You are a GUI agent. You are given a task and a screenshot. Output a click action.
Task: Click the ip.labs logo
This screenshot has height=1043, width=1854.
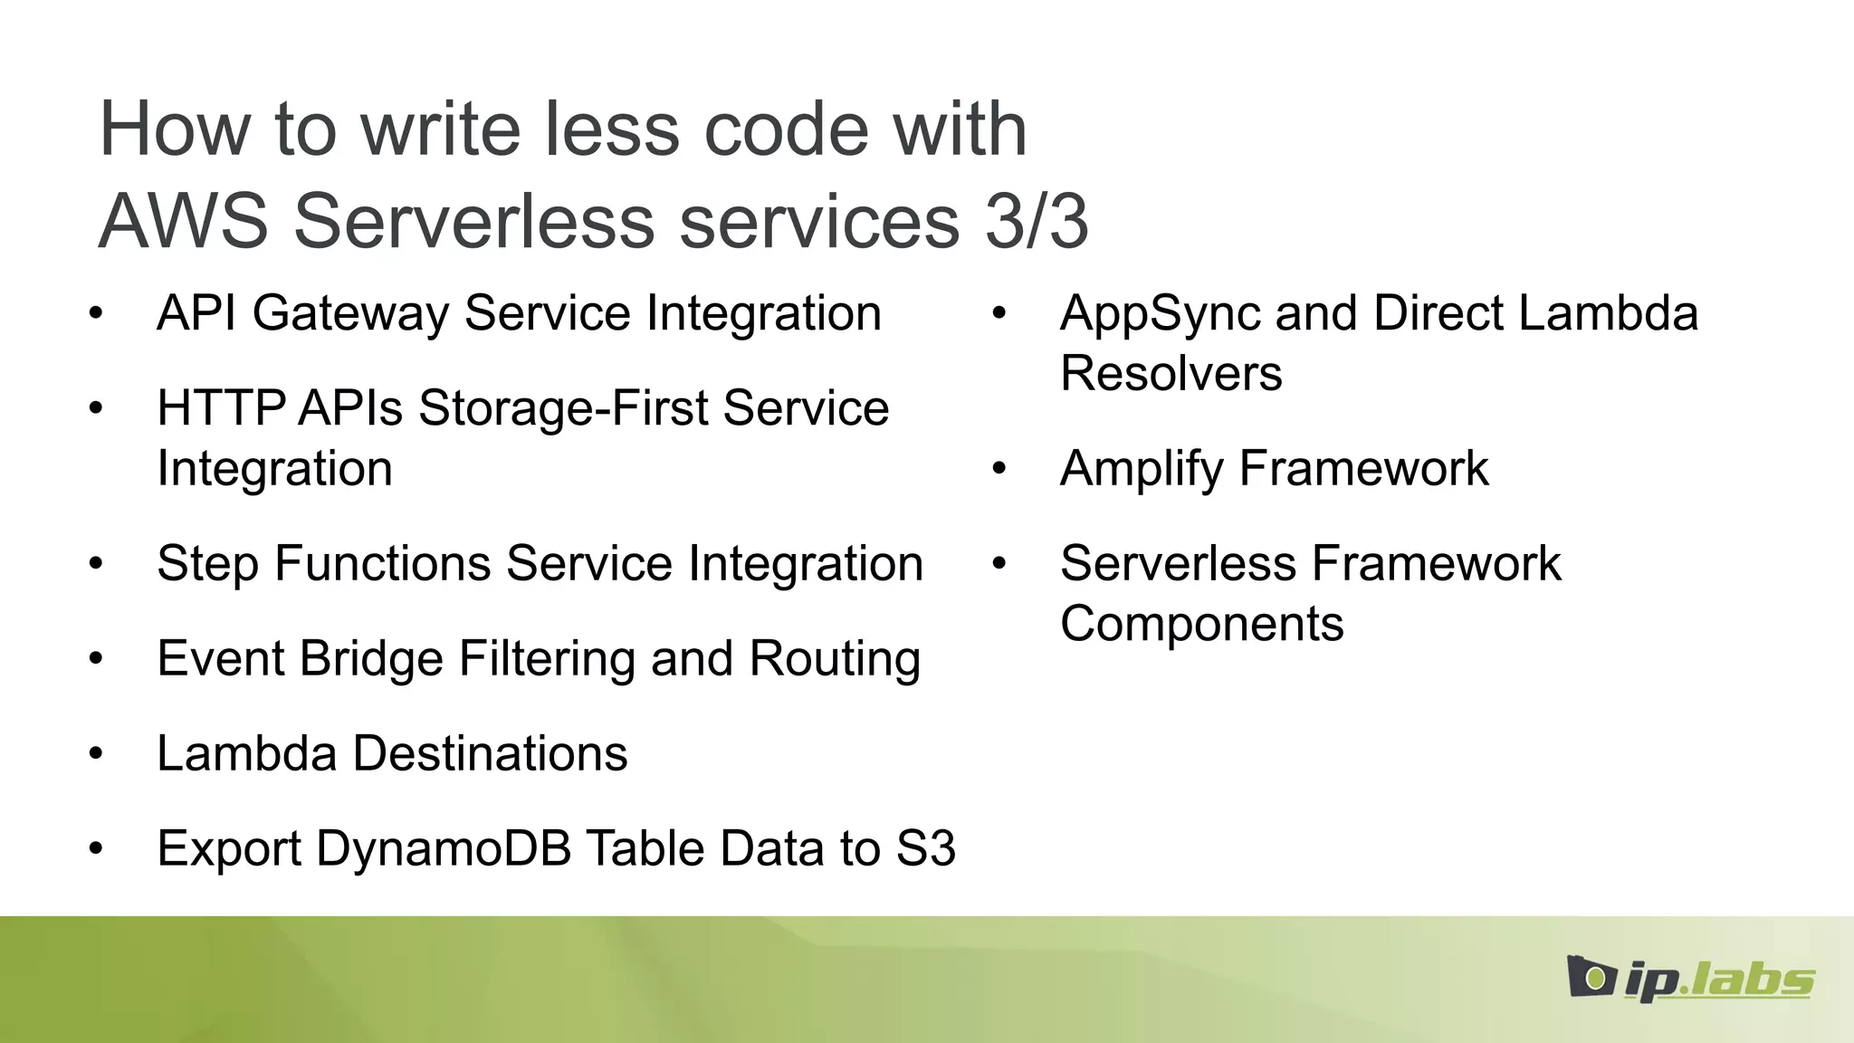[1689, 978]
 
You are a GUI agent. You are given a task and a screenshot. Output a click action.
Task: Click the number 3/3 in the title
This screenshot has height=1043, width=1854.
[1037, 221]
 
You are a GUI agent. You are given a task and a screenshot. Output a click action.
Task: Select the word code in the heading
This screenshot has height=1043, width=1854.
[786, 129]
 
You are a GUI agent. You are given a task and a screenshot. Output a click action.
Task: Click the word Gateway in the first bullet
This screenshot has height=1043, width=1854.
[350, 314]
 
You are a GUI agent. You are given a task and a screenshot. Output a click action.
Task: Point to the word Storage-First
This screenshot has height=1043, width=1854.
[563, 408]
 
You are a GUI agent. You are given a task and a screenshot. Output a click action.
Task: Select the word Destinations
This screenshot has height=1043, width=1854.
[490, 753]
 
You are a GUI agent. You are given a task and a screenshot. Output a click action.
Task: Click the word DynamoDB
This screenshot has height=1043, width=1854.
[444, 849]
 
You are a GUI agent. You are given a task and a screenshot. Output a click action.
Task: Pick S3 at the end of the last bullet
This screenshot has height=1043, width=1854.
[925, 849]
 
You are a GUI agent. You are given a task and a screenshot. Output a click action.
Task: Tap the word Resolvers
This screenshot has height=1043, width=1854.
[1171, 374]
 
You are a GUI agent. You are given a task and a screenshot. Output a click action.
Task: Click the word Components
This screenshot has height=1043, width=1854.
[1201, 624]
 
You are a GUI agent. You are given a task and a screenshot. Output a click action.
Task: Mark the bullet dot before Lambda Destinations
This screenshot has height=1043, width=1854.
[96, 754]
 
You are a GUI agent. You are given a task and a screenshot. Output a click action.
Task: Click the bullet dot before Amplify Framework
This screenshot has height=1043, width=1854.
[999, 469]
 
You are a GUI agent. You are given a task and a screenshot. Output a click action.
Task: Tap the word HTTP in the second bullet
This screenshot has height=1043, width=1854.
[221, 408]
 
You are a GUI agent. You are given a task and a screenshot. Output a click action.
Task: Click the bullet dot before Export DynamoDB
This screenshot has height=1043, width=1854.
[96, 849]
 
